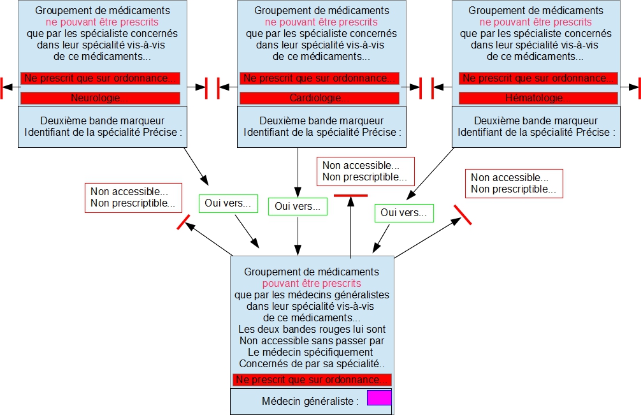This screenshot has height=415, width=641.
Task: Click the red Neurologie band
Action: [x=100, y=98]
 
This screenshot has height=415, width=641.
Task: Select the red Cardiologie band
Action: [x=319, y=98]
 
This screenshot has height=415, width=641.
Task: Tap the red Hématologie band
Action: [x=538, y=98]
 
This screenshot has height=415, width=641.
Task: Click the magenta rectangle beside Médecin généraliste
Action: [x=379, y=398]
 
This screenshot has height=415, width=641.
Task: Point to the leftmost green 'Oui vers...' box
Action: [x=227, y=204]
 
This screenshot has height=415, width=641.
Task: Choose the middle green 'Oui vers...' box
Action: [x=298, y=206]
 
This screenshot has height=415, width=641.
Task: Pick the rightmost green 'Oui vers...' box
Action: [x=403, y=213]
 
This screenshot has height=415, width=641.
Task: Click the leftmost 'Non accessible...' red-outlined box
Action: [x=133, y=198]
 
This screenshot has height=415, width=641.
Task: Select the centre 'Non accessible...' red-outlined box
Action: [x=365, y=171]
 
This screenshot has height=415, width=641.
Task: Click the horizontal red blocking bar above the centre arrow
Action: [x=351, y=195]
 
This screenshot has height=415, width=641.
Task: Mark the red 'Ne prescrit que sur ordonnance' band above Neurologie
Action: [x=100, y=78]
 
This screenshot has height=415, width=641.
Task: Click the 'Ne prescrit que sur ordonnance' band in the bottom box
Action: [x=312, y=380]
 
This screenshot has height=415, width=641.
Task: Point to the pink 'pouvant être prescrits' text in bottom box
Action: [x=312, y=284]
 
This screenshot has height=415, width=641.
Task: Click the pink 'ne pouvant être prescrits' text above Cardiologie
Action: [x=321, y=22]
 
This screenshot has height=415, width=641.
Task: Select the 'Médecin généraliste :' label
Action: [x=310, y=401]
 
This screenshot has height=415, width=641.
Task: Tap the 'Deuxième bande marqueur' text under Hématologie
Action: [x=536, y=120]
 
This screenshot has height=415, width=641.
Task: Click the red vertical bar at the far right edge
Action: [x=638, y=87]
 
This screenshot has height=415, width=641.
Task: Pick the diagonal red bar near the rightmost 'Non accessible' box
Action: [x=463, y=215]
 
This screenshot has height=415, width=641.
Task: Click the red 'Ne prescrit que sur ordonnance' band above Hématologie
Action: [x=538, y=78]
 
